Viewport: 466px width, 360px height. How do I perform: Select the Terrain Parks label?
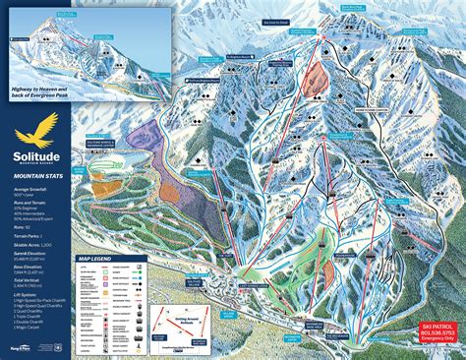coord(23,224)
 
